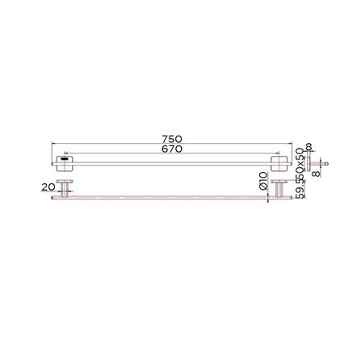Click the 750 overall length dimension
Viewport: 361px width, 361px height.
click(171, 139)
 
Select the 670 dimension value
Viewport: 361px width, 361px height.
click(171, 149)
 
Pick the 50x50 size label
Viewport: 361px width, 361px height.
click(300, 166)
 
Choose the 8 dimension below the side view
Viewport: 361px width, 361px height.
click(316, 170)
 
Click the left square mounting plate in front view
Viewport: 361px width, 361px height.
click(65, 161)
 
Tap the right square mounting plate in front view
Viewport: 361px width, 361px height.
click(280, 161)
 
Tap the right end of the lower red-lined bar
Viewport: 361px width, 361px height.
click(288, 197)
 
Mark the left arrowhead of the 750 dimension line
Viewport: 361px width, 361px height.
click(53, 144)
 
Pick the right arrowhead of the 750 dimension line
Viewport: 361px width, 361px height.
click(291, 144)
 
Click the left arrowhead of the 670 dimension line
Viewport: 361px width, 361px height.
click(67, 153)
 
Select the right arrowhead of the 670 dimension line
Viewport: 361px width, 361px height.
click(279, 153)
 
